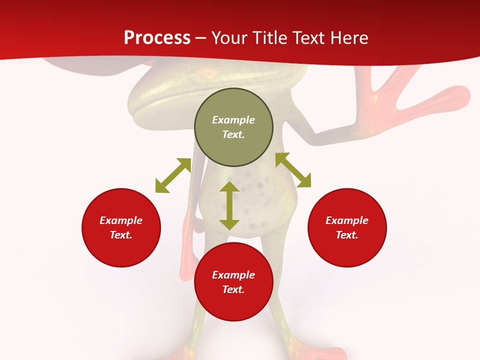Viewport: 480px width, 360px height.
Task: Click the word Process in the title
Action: (x=157, y=38)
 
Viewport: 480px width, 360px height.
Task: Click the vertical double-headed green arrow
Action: (x=229, y=206)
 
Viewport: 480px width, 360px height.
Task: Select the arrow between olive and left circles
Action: (x=173, y=175)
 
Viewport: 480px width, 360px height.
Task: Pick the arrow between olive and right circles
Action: (x=293, y=170)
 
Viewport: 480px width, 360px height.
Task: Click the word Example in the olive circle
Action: (x=233, y=120)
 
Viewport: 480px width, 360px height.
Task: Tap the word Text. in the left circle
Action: (x=121, y=235)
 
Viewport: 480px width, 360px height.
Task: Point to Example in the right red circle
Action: (x=347, y=220)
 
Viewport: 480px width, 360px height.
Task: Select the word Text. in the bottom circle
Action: (x=233, y=289)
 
